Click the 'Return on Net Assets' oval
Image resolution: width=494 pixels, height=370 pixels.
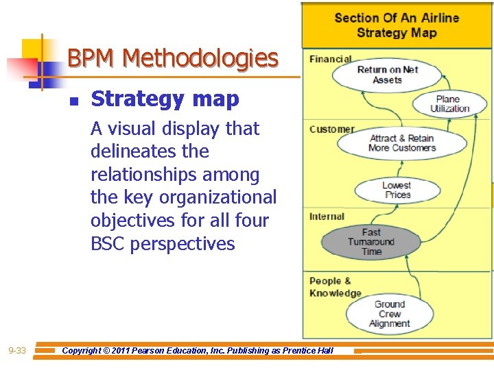coord(388,75)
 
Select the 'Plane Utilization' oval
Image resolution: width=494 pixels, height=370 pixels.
coord(449,104)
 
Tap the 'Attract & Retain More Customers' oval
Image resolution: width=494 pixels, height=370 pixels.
coord(401,143)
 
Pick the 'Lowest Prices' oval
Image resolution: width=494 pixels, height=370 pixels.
coord(397,190)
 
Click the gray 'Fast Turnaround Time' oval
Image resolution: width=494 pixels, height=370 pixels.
coord(370,241)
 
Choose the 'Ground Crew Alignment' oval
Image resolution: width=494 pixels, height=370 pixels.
coord(389,314)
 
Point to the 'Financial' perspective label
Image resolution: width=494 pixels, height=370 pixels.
coord(330,60)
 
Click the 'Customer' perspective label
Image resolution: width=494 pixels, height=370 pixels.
coord(331,129)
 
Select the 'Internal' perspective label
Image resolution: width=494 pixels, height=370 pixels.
coord(327,217)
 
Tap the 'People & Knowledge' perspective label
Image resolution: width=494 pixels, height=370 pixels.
coord(335,287)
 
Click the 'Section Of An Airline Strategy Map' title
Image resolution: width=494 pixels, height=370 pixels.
coord(397,25)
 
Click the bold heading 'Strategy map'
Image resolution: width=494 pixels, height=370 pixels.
coord(165,99)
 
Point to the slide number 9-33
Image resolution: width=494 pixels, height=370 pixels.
coord(16,351)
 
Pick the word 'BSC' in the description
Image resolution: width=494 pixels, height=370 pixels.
coord(110,244)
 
